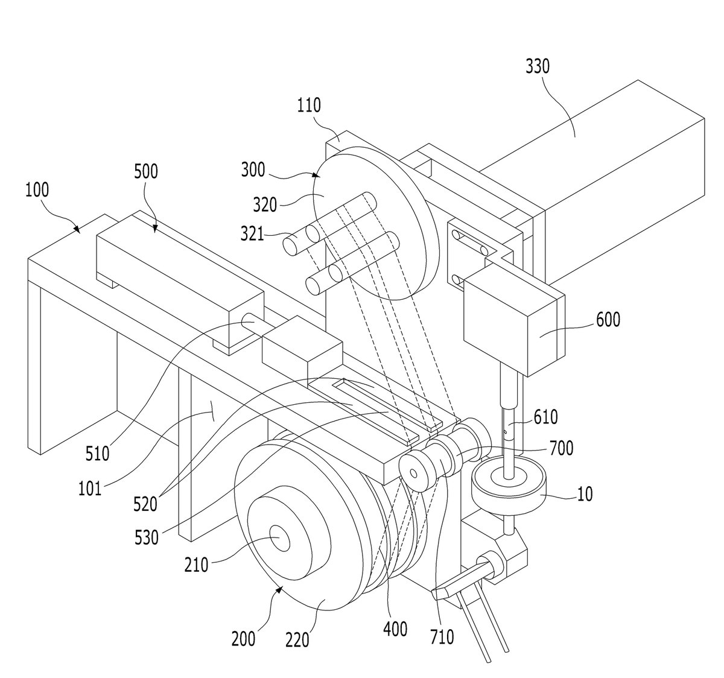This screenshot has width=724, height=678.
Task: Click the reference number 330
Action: coord(538,67)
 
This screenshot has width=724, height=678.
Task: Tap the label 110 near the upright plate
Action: coord(309,106)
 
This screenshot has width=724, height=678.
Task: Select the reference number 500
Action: coord(146,171)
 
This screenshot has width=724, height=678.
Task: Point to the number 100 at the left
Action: coord(37,190)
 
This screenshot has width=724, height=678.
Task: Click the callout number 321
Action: coord(252,233)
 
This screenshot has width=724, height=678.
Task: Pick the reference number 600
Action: coord(608,320)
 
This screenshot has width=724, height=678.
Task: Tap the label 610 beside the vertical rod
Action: coord(546,417)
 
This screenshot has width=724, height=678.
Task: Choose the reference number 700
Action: coord(562,448)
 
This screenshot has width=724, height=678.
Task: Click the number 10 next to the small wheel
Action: coord(585,494)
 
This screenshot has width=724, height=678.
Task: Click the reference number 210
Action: coord(196,565)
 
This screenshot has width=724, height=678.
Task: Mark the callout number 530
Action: coord(147,537)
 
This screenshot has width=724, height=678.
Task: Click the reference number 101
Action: coord(90,489)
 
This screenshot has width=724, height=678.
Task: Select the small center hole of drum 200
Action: coord(280,539)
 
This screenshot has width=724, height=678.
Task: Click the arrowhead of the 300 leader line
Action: coord(316,175)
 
